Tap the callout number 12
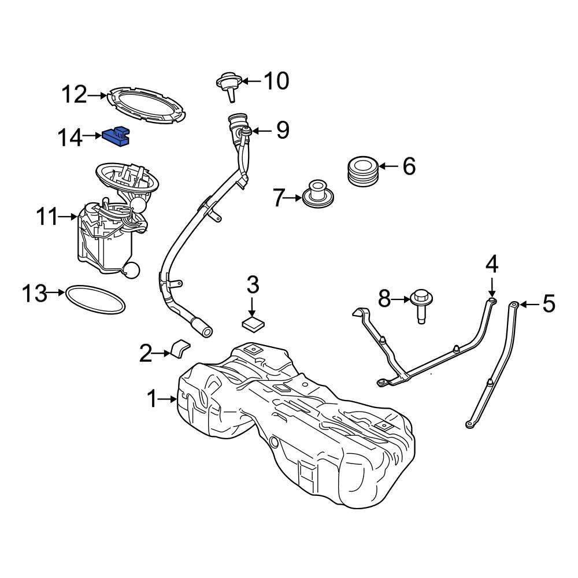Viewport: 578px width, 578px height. point(74,94)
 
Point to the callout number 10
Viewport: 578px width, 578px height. point(276,81)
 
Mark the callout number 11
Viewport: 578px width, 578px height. point(47,218)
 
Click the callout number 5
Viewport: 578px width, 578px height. point(547,303)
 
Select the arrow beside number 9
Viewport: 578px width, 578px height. point(261,131)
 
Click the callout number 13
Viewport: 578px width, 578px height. point(34,293)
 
